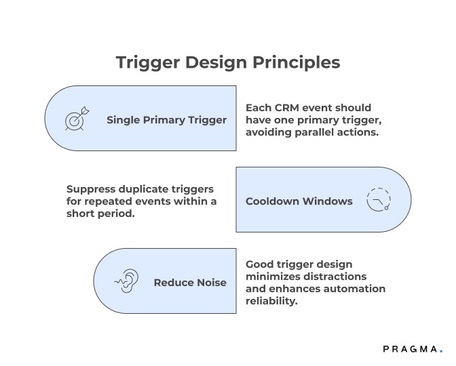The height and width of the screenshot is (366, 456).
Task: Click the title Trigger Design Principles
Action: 227,62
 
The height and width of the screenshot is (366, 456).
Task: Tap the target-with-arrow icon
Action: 76,119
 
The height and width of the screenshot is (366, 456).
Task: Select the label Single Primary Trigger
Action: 166,120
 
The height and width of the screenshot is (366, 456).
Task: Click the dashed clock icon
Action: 378,200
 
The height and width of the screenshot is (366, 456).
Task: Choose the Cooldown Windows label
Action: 299,201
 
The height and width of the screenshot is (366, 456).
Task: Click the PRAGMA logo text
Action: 409,348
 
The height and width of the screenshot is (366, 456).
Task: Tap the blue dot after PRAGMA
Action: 440,351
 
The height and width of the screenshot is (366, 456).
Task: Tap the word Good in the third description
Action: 259,264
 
